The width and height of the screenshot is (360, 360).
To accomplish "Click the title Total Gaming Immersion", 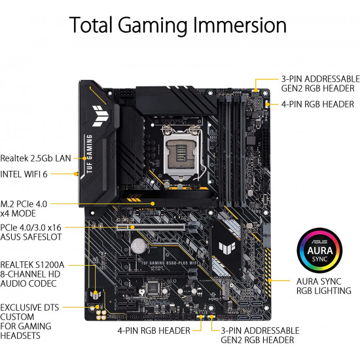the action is pos(178,26).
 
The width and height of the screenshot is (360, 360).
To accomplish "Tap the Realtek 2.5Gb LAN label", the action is pos(35,158).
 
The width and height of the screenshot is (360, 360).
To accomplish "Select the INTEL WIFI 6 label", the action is pos(24,174).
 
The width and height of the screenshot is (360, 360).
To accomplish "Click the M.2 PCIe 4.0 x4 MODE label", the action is pos(24,209).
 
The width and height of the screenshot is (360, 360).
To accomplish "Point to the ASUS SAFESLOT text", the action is pos(31,237).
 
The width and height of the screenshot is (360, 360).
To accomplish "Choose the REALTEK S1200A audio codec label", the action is pos(32,274).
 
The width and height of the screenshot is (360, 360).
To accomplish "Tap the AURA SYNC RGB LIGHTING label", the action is pos(324,286).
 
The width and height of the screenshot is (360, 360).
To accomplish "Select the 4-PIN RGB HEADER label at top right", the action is pos(317,105).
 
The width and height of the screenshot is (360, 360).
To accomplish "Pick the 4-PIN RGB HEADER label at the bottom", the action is pos(154,331).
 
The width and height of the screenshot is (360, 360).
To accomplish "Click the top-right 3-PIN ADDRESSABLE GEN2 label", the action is pos(321,84).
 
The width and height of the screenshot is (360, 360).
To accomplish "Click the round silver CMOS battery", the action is pos(139,246).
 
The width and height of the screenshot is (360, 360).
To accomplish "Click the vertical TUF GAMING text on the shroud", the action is pos(89,154).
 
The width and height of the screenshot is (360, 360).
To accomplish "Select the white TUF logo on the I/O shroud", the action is pos(100,116).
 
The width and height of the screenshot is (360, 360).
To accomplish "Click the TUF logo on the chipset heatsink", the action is pos(227,247).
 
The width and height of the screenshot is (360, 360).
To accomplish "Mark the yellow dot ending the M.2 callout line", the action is pos(153,204).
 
